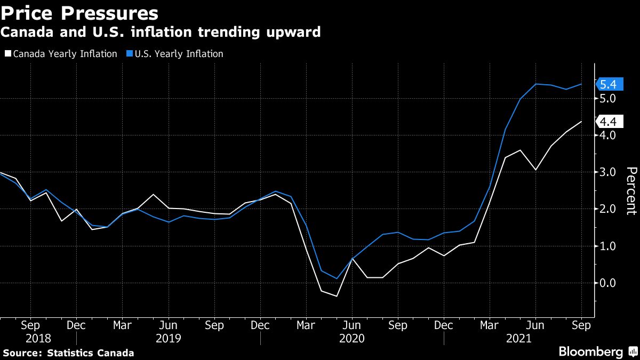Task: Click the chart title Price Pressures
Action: (79, 12)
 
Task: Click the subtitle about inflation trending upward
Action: (161, 33)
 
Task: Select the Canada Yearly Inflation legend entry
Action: (61, 54)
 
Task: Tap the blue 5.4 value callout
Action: (608, 84)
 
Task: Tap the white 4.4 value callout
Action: (608, 121)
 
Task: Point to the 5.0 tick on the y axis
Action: (607, 99)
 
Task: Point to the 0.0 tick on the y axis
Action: (607, 283)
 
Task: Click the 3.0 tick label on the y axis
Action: (607, 172)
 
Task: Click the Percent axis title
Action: (631, 190)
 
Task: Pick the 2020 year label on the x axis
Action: (352, 338)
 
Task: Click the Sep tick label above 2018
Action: (30, 325)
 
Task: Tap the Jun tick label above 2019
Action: (169, 325)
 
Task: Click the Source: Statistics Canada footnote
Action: (68, 353)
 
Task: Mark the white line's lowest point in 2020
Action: (337, 296)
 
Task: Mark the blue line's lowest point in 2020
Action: (337, 278)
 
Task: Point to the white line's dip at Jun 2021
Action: (535, 170)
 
